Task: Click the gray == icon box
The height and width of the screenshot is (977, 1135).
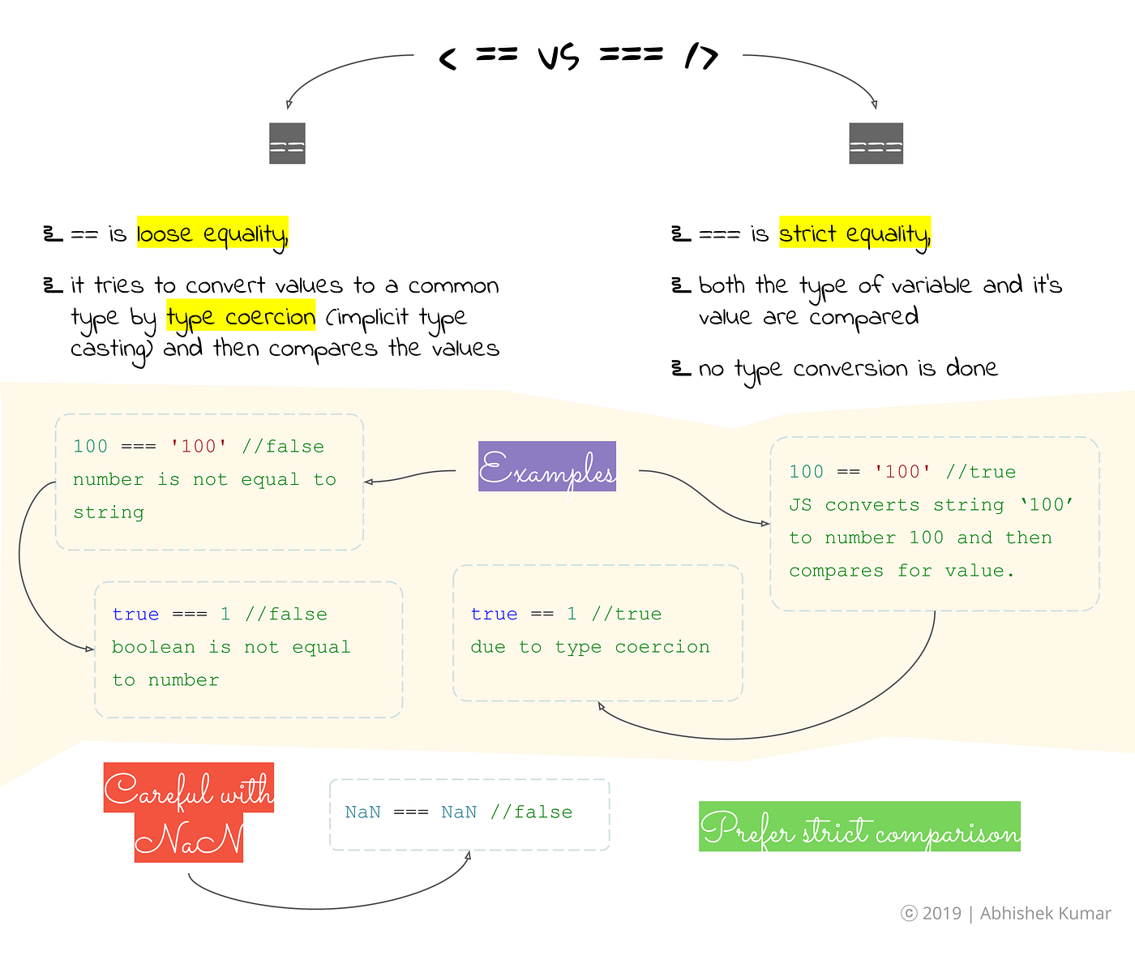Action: pyautogui.click(x=287, y=144)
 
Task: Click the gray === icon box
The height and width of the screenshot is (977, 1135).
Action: pyautogui.click(x=876, y=144)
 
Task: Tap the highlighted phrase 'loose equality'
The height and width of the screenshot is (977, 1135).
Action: pyautogui.click(x=212, y=234)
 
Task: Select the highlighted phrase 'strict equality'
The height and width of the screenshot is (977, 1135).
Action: pyautogui.click(x=854, y=234)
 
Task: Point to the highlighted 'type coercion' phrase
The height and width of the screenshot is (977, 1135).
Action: pyautogui.click(x=241, y=317)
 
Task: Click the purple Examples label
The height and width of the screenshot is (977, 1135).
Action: pyautogui.click(x=547, y=467)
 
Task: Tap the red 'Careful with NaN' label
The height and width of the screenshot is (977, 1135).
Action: pyautogui.click(x=189, y=812)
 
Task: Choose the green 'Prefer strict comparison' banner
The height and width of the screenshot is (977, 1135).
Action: pyautogui.click(x=859, y=827)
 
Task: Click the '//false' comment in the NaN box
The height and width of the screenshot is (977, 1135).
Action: pyautogui.click(x=531, y=812)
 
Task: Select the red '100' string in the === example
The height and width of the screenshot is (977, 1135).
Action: pyautogui.click(x=199, y=447)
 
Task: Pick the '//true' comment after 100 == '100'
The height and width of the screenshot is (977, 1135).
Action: pyautogui.click(x=980, y=472)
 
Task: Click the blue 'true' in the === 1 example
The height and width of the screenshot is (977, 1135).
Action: pyautogui.click(x=135, y=615)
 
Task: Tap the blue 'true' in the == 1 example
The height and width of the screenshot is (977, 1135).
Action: pyautogui.click(x=494, y=615)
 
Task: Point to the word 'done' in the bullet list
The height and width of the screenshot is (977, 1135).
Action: pyautogui.click(x=971, y=369)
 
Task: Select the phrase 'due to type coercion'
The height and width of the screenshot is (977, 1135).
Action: pyautogui.click(x=589, y=647)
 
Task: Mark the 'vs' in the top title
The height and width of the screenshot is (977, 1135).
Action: pyautogui.click(x=559, y=57)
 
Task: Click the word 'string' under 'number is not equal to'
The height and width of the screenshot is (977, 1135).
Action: pyautogui.click(x=109, y=512)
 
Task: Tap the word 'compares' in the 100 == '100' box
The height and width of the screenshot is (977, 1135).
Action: pyautogui.click(x=836, y=571)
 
